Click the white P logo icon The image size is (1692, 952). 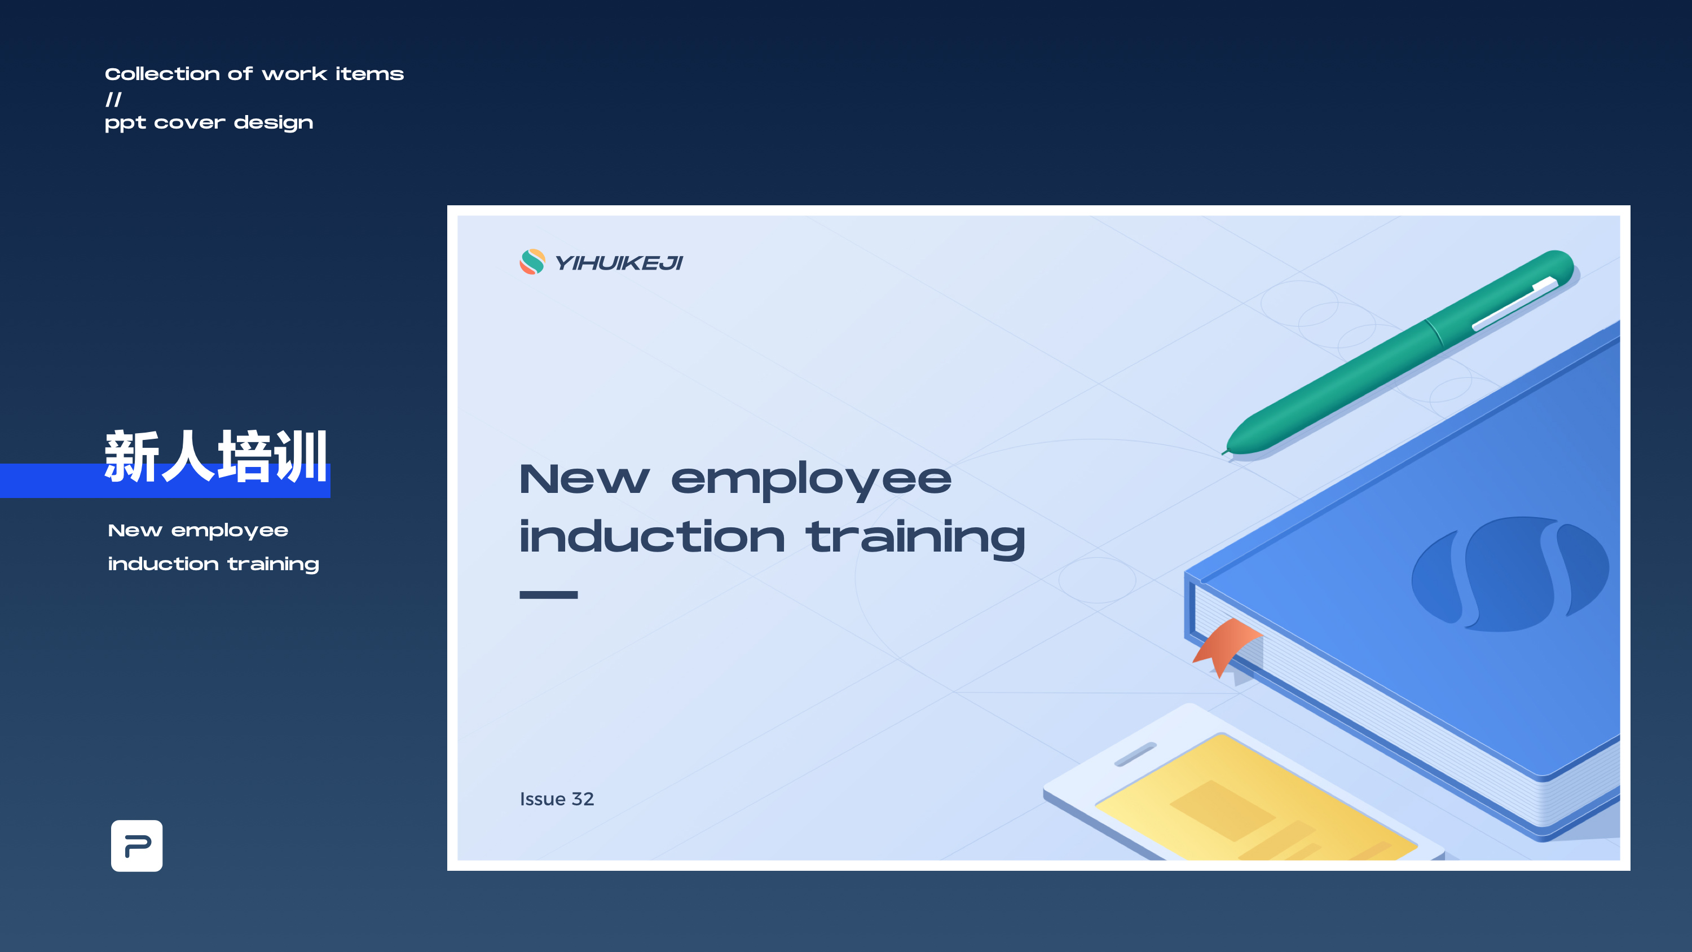point(136,845)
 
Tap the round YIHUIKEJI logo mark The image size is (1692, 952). point(532,262)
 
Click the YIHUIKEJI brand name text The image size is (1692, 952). point(619,263)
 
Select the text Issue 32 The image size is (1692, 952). point(557,799)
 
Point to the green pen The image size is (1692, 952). point(1399,351)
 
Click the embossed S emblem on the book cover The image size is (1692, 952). point(1510,574)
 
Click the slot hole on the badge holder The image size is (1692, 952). point(1135,754)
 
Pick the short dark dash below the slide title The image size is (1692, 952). point(548,594)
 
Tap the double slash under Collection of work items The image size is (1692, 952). point(113,99)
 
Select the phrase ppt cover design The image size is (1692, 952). point(209,123)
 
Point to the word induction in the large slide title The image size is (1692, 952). point(651,536)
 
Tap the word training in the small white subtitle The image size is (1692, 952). point(273,565)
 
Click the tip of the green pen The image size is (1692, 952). point(1223,453)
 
